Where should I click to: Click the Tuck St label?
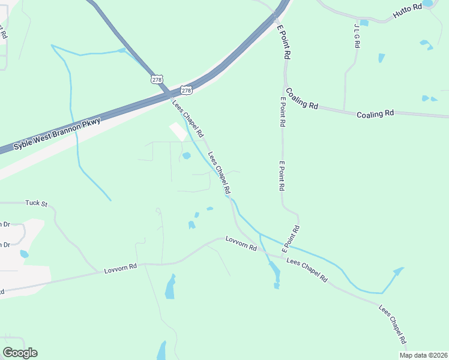(x=36, y=203)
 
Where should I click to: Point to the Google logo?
(x=20, y=353)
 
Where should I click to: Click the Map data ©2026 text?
(x=423, y=355)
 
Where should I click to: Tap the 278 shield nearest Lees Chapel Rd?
(x=186, y=91)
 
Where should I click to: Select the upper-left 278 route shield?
(x=157, y=79)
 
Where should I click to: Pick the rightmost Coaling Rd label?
(x=375, y=113)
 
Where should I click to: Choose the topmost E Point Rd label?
(x=284, y=41)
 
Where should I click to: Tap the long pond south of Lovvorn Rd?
(x=170, y=287)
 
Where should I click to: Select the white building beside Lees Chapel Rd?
(x=178, y=131)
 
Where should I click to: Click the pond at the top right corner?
(x=427, y=4)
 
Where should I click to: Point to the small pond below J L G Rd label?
(x=382, y=58)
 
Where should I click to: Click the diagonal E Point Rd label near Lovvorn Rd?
(x=290, y=239)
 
